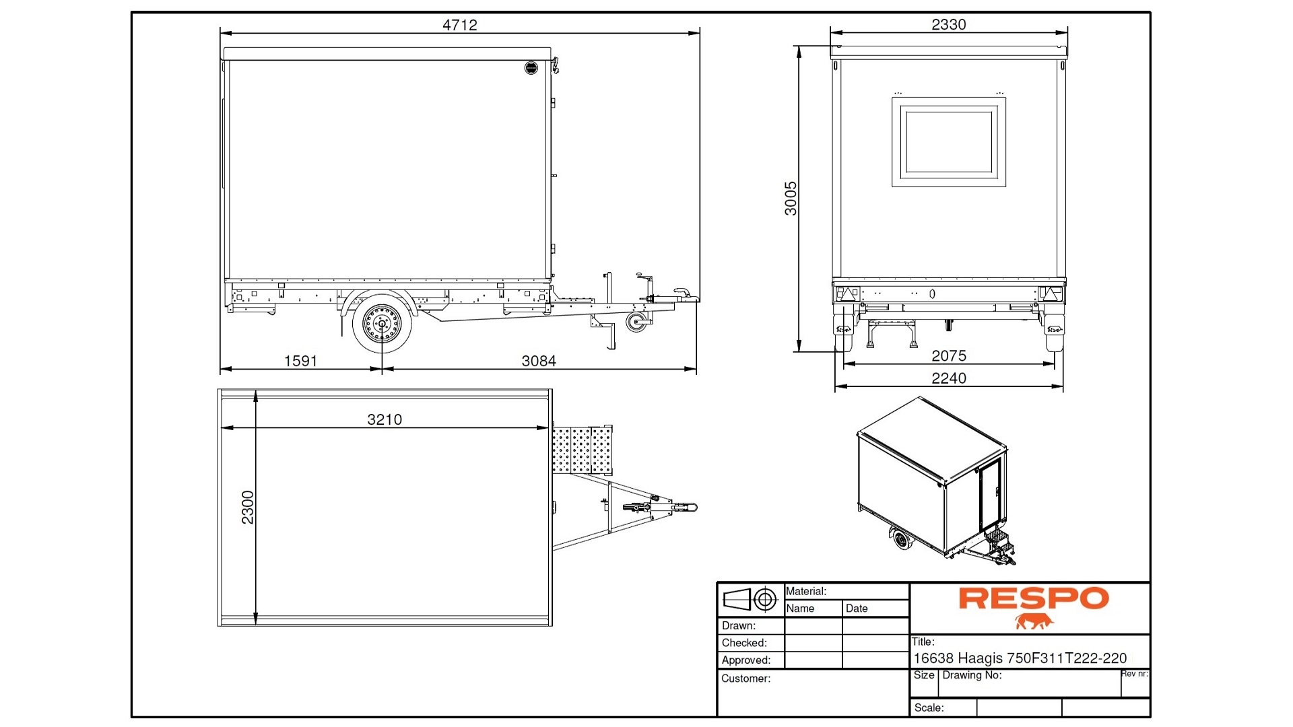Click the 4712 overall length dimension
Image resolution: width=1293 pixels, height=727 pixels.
459,25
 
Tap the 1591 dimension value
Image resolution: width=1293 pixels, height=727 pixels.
300,361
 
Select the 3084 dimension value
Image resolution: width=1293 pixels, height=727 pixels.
539,361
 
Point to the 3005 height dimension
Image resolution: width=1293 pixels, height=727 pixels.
791,198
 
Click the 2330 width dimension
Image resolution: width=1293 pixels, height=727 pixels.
948,25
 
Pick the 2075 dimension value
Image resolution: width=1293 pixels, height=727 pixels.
948,355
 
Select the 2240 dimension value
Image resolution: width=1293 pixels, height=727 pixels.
948,378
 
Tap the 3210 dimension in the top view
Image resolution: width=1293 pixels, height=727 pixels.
384,419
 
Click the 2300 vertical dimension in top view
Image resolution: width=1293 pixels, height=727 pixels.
248,507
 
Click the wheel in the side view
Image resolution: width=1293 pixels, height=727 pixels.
382,324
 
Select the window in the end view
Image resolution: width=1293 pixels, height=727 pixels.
948,141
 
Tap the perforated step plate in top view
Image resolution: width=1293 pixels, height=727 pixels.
582,450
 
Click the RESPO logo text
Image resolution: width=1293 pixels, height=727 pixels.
1033,598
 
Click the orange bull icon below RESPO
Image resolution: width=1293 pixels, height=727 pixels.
1034,621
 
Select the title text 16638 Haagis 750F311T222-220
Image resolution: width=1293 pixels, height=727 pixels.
1020,658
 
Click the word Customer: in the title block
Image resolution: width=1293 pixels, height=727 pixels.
745,679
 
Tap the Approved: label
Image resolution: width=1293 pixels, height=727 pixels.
746,660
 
